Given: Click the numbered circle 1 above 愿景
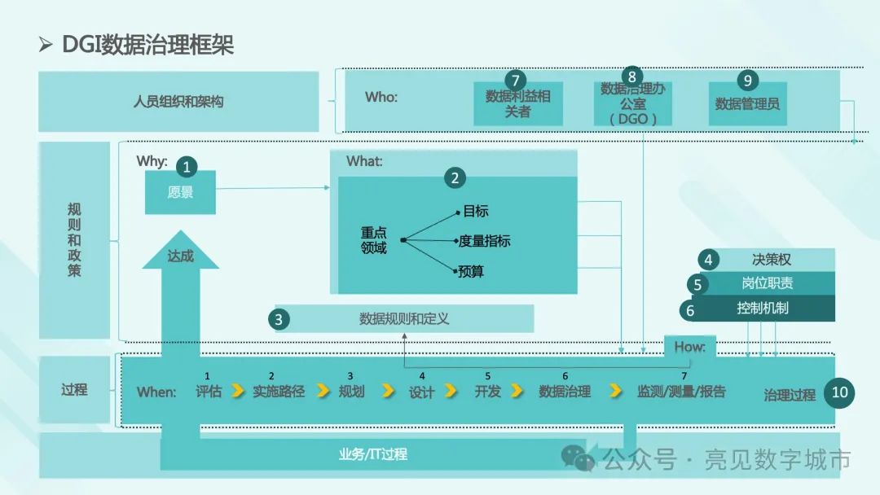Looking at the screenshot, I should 187,168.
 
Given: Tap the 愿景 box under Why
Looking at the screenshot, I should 180,193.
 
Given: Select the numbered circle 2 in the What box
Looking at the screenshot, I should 455,178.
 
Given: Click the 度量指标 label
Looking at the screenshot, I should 485,241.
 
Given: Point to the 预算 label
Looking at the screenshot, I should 471,271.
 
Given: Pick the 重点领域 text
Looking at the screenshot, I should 374,240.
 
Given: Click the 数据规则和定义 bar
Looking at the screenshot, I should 404,318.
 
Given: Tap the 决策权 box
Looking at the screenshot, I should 771,260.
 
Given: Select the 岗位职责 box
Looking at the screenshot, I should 767,283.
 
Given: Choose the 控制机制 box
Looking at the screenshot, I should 763,309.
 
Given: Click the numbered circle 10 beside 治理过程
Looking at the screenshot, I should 840,392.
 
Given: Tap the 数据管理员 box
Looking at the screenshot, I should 747,104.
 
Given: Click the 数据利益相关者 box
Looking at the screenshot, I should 518,104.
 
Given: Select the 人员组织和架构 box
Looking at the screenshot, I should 178,102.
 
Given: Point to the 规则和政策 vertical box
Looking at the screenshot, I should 74,240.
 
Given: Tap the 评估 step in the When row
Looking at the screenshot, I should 209,392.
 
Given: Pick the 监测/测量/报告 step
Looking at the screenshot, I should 681,392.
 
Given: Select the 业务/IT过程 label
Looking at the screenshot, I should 372,454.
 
